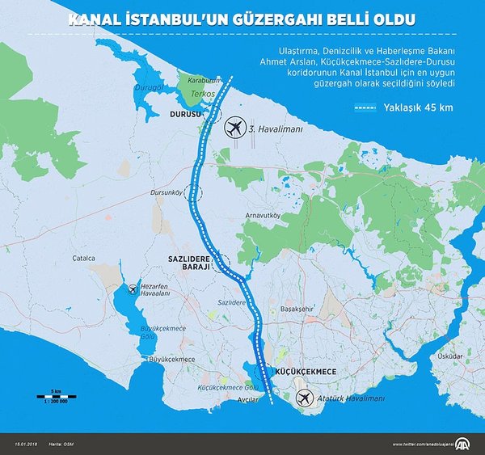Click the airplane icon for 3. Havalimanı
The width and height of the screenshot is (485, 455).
click(234, 128)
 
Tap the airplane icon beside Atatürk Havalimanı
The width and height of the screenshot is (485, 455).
click(304, 398)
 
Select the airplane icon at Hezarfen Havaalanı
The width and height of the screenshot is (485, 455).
click(133, 289)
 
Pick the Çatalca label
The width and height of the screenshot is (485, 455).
click(83, 259)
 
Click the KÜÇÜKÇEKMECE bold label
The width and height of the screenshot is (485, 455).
click(306, 370)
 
